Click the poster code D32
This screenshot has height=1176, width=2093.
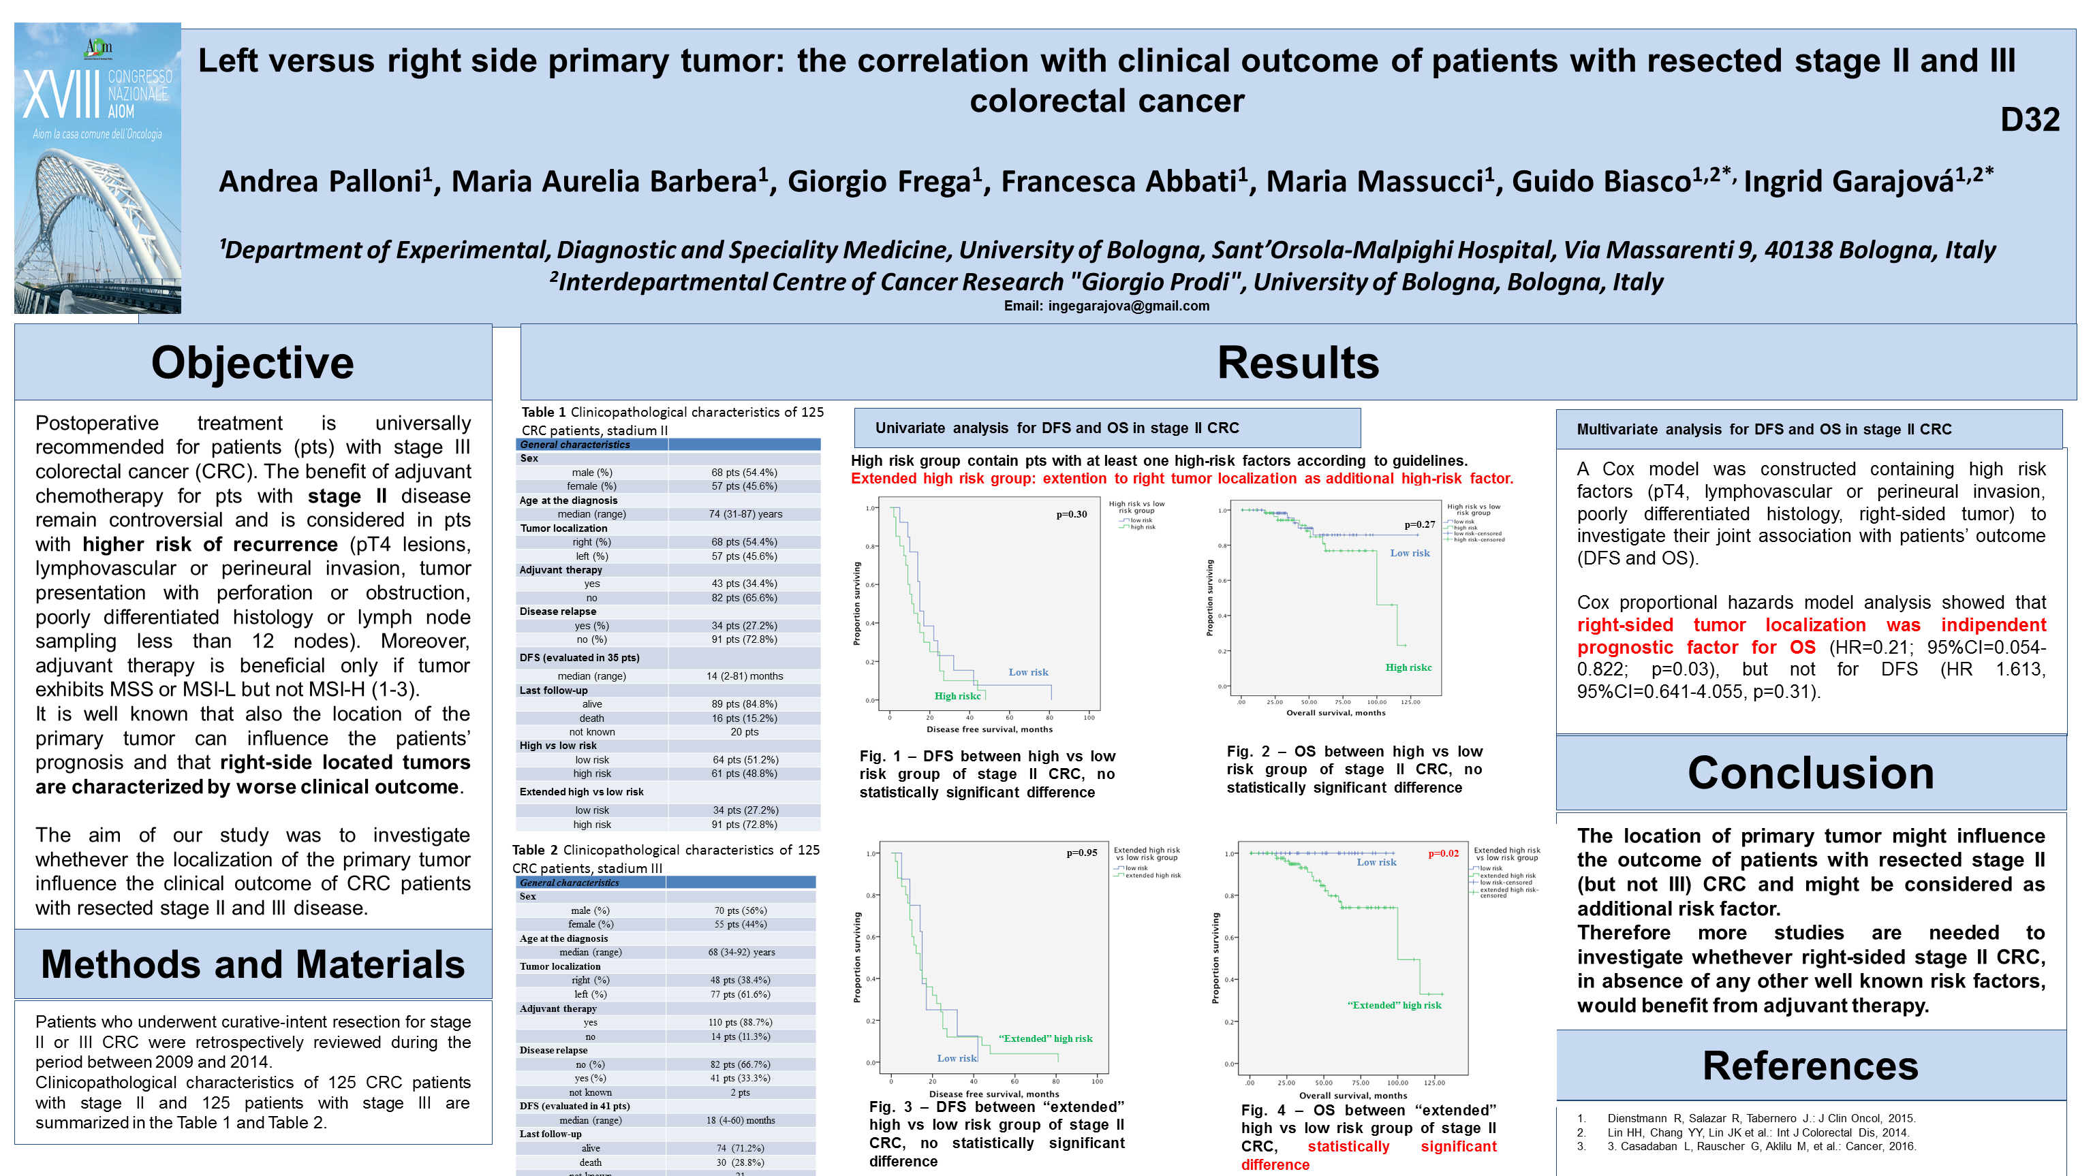(2029, 121)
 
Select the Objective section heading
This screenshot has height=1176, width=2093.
(253, 362)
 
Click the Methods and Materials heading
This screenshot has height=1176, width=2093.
(253, 964)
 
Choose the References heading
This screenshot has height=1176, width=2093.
(1810, 1066)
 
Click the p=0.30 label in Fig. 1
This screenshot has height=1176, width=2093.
(1071, 514)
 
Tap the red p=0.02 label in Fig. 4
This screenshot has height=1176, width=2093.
(1443, 854)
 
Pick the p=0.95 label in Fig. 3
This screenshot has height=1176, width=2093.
(1081, 853)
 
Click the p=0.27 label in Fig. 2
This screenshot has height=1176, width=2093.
(1419, 524)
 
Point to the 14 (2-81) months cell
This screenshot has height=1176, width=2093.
(744, 676)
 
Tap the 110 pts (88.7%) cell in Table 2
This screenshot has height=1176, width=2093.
(740, 1023)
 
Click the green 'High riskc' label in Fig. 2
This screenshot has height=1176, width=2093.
(1408, 667)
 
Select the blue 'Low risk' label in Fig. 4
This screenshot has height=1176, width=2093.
(1376, 863)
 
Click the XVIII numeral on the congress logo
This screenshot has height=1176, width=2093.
(61, 96)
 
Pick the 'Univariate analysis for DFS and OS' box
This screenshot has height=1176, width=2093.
(1106, 428)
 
